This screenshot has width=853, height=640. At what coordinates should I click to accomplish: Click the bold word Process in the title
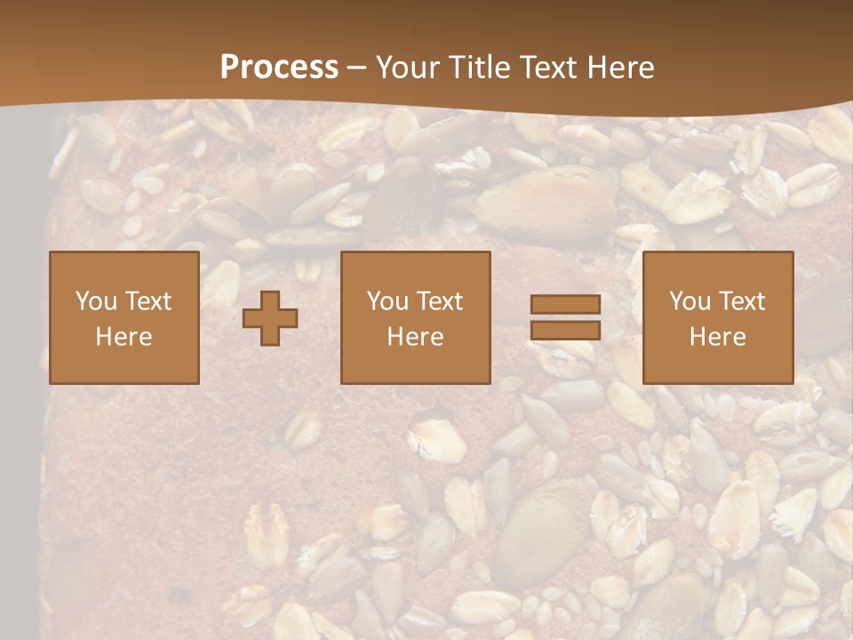(279, 68)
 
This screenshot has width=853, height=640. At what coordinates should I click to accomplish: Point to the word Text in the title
(546, 68)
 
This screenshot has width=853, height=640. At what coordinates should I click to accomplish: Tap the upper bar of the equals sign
(565, 305)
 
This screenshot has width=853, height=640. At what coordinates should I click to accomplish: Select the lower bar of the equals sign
(565, 331)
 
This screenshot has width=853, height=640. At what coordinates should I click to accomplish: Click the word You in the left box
(96, 301)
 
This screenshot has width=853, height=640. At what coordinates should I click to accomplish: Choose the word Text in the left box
(147, 301)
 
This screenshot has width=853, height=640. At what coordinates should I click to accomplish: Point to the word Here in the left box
(124, 337)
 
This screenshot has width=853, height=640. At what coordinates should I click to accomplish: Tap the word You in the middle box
(387, 301)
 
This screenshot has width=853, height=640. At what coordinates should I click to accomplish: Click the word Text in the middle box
(439, 301)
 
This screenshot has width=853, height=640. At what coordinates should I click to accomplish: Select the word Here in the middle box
(415, 337)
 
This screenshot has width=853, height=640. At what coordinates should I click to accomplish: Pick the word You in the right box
(690, 301)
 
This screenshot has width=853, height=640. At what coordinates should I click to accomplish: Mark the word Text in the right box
(741, 301)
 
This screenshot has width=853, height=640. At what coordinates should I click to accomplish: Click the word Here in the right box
(717, 337)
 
